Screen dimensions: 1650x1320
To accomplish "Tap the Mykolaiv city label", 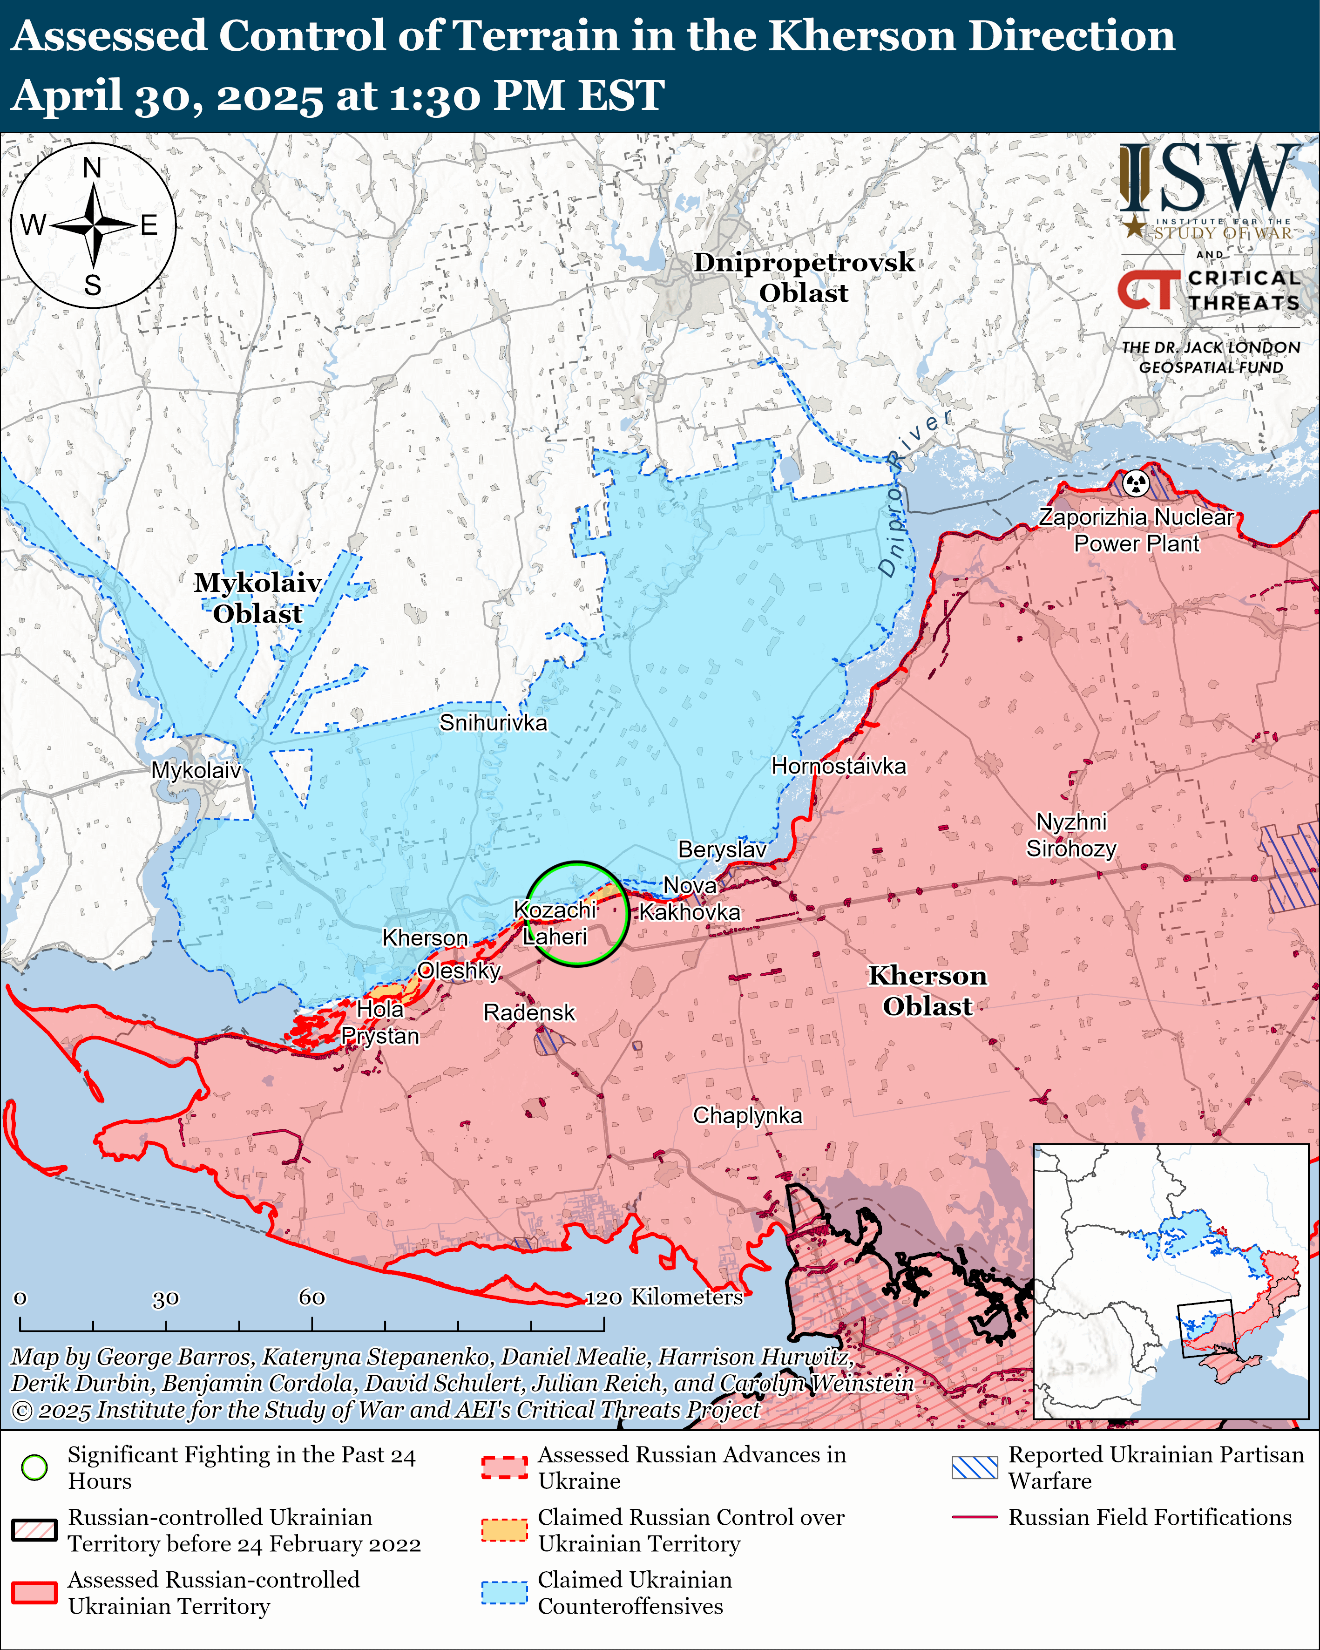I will [196, 770].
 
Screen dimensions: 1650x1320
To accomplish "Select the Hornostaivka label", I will [839, 766].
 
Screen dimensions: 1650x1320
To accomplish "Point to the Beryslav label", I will [722, 849].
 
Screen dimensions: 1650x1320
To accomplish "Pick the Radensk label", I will [529, 1012].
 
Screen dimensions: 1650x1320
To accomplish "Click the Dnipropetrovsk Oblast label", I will [804, 277].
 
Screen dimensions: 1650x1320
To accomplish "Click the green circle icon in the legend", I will [34, 1467].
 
